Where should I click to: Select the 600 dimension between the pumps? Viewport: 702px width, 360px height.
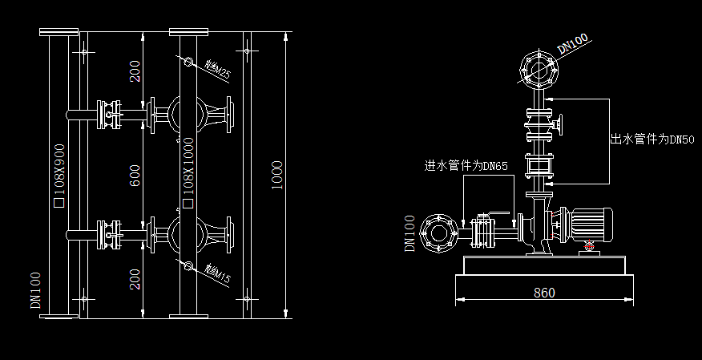pyautogui.click(x=135, y=175)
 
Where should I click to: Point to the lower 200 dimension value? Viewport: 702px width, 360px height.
pyautogui.click(x=135, y=278)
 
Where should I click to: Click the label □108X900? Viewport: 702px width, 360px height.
pyautogui.click(x=58, y=176)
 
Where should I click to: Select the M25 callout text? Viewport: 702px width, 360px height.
pyautogui.click(x=218, y=72)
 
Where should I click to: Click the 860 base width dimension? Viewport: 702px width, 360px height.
pyautogui.click(x=544, y=293)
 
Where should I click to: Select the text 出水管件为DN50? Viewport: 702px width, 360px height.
pyautogui.click(x=652, y=140)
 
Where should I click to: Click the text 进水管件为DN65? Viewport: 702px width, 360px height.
pyautogui.click(x=466, y=166)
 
